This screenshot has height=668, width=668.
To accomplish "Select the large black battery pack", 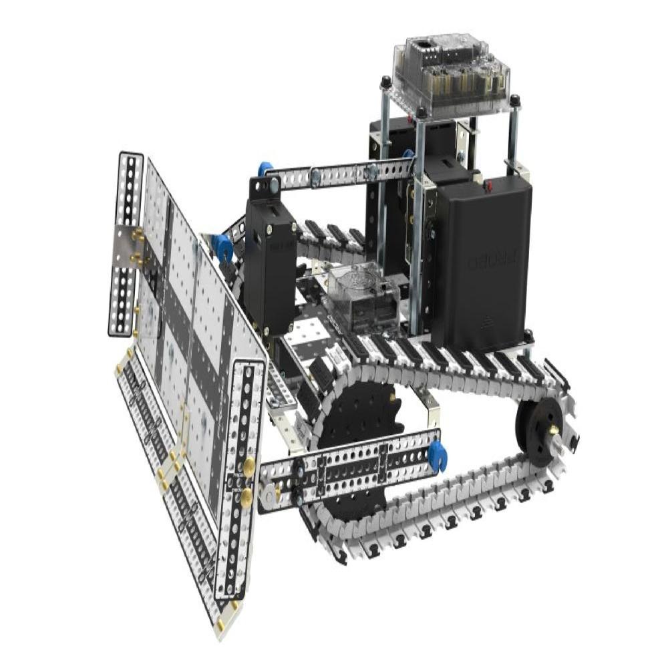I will [x=482, y=261].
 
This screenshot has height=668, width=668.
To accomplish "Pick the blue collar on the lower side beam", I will [x=437, y=456].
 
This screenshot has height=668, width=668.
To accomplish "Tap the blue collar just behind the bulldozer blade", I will [x=222, y=247].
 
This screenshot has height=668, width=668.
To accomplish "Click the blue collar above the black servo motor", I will [x=265, y=169].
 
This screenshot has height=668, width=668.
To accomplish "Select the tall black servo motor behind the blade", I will [x=270, y=267].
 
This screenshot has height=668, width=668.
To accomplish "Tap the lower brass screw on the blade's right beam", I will [x=246, y=495].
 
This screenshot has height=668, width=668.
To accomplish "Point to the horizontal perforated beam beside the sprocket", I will [x=347, y=472].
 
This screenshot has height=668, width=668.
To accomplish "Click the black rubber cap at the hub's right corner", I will [x=514, y=101].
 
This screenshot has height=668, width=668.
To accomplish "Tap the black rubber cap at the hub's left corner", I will [x=385, y=83].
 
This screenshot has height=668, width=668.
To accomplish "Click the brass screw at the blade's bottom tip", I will [x=220, y=624].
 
